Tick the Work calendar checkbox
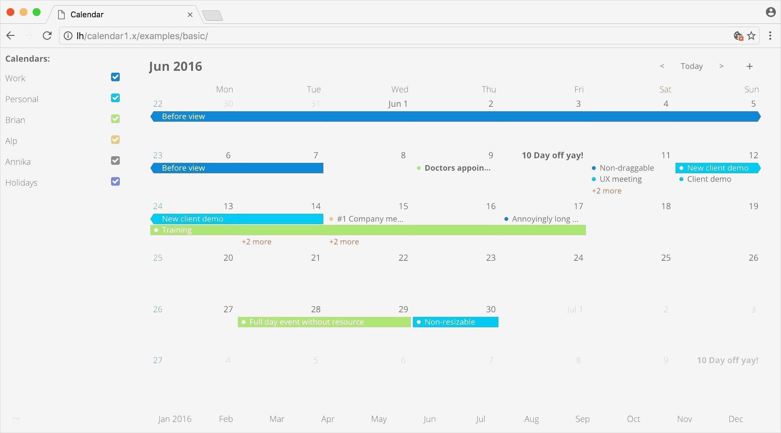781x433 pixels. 115,77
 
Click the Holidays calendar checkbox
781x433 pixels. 115,181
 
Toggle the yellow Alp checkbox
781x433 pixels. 115,140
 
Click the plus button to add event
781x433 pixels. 750,67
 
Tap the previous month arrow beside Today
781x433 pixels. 662,66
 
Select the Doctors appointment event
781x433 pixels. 457,168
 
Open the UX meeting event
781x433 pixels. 620,179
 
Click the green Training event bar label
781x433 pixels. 177,230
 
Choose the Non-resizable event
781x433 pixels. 449,322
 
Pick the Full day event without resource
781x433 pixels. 306,322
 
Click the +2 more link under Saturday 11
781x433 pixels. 607,191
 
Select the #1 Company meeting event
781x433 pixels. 370,219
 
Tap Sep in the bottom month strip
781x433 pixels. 582,419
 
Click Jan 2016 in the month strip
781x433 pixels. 175,419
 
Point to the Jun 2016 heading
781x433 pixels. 175,67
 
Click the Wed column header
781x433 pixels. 400,89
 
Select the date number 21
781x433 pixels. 316,258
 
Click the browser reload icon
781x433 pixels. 47,36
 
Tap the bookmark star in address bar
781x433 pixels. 751,36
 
